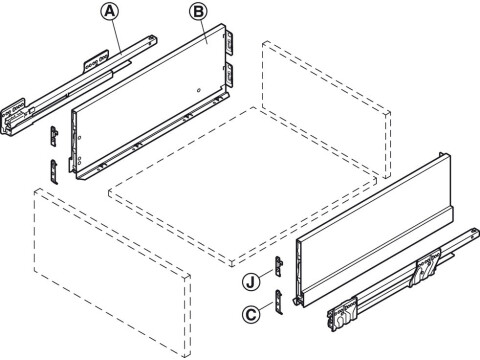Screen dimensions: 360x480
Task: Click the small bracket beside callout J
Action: [283, 267]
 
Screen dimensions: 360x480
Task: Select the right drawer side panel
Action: [370, 240]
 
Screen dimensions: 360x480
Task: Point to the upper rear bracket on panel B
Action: [232, 42]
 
